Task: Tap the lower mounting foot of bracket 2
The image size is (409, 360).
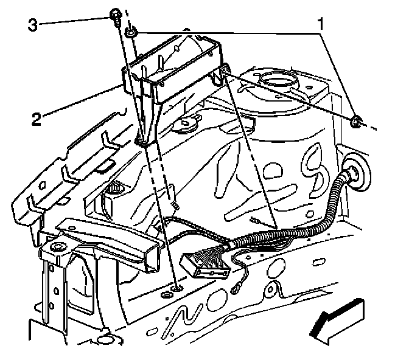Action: tap(142, 140)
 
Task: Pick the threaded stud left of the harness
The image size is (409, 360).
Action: tap(175, 207)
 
